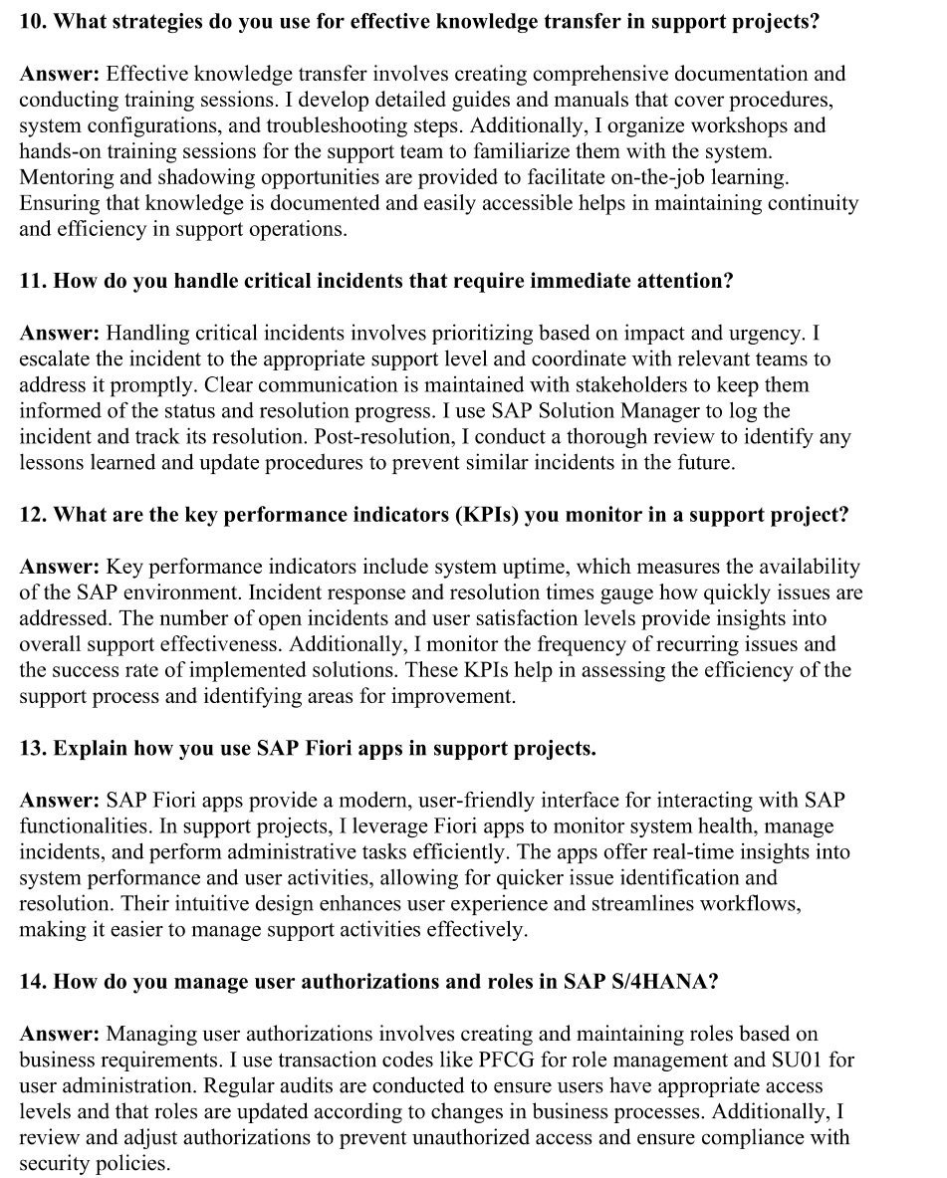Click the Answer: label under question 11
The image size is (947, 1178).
(x=59, y=333)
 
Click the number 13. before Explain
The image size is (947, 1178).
(x=33, y=748)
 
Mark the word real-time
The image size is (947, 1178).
(x=682, y=852)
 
